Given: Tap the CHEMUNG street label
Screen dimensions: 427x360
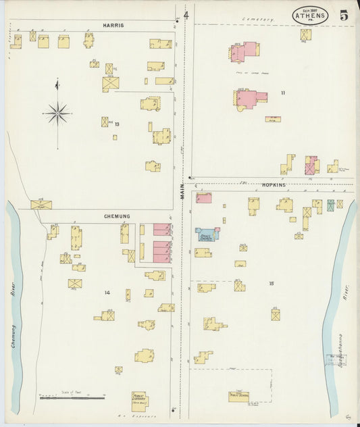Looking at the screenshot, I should pyautogui.click(x=117, y=216).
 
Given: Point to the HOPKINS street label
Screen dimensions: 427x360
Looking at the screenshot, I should pyautogui.click(x=274, y=184).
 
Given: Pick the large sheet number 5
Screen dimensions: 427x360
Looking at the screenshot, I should pyautogui.click(x=344, y=16).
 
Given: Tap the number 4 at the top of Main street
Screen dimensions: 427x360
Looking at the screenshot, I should pyautogui.click(x=186, y=15).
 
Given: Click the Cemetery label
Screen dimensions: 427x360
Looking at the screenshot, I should pyautogui.click(x=260, y=20).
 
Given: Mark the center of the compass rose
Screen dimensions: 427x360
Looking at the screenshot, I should pyautogui.click(x=57, y=114).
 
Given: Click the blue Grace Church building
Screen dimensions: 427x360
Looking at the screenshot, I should pyautogui.click(x=207, y=234).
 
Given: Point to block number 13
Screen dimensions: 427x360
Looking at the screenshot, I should pyautogui.click(x=117, y=124).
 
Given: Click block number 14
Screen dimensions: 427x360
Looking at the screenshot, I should pyautogui.click(x=107, y=292).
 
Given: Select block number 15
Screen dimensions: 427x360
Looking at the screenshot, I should pyautogui.click(x=272, y=284).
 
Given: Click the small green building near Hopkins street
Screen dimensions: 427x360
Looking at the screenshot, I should pyautogui.click(x=330, y=204).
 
